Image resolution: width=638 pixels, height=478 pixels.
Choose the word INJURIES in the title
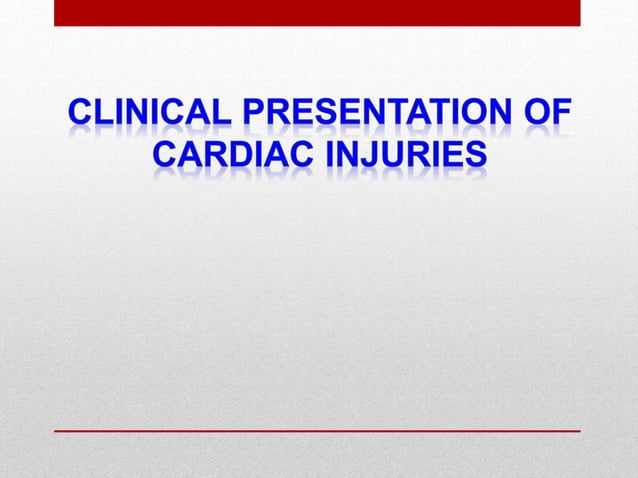[x=400, y=157]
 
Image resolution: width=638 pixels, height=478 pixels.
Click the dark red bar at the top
[x=317, y=12]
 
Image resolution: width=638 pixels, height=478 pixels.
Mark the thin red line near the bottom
[x=317, y=430]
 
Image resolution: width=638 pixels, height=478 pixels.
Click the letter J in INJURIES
[x=370, y=157]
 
